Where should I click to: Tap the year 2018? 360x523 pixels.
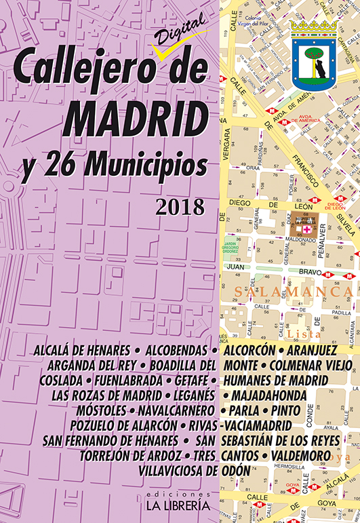(179, 206)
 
